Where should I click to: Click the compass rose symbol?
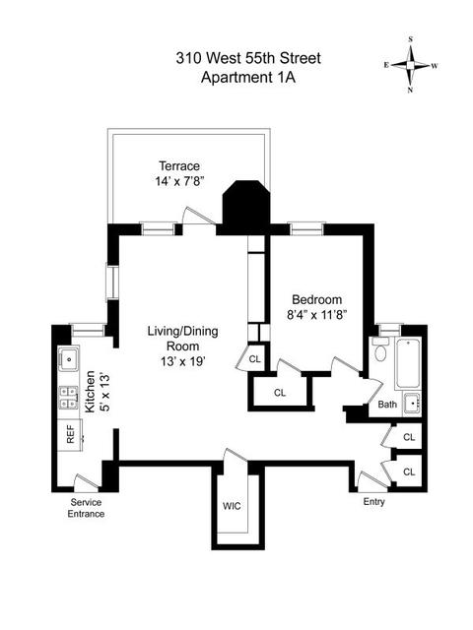point(410,65)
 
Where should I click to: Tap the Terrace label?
point(179,166)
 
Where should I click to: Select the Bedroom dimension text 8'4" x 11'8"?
point(317,314)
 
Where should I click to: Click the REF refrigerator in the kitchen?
point(70,435)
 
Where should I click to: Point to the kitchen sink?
point(69,358)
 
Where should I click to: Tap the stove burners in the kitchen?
point(69,398)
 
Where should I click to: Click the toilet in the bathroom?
point(379,348)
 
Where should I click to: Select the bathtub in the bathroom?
point(408,363)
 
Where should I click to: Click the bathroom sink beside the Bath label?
point(412,403)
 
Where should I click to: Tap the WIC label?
point(233,505)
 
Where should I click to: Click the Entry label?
point(374,502)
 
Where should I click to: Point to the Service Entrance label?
point(86,508)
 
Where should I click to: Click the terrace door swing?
point(198,217)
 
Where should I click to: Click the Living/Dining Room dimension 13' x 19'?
point(183,361)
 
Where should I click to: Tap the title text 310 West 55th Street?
point(248,58)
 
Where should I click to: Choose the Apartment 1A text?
point(248,77)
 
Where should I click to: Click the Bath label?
point(387,405)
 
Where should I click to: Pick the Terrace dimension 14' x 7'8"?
point(180,181)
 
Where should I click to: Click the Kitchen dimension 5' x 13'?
point(104,392)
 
